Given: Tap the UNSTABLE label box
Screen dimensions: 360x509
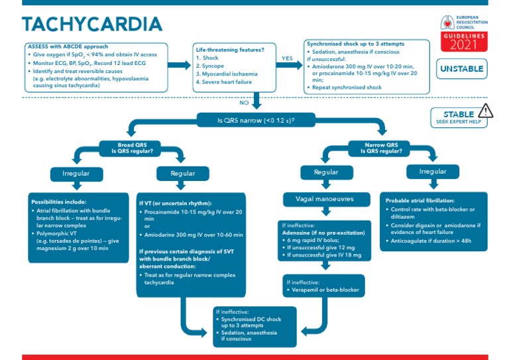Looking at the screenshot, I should point(461,69).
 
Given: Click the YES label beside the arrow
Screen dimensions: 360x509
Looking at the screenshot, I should point(287,58).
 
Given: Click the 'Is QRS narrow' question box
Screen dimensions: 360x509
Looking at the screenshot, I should point(256,121).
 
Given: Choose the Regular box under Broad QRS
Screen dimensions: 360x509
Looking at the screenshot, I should point(182,173).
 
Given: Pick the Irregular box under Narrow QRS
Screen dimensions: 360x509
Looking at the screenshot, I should point(432,172).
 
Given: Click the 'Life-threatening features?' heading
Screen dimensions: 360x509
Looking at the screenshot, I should point(229,49).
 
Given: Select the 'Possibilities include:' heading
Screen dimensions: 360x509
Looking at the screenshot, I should point(59,201).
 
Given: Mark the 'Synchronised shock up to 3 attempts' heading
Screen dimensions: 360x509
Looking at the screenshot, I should point(355,44).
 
